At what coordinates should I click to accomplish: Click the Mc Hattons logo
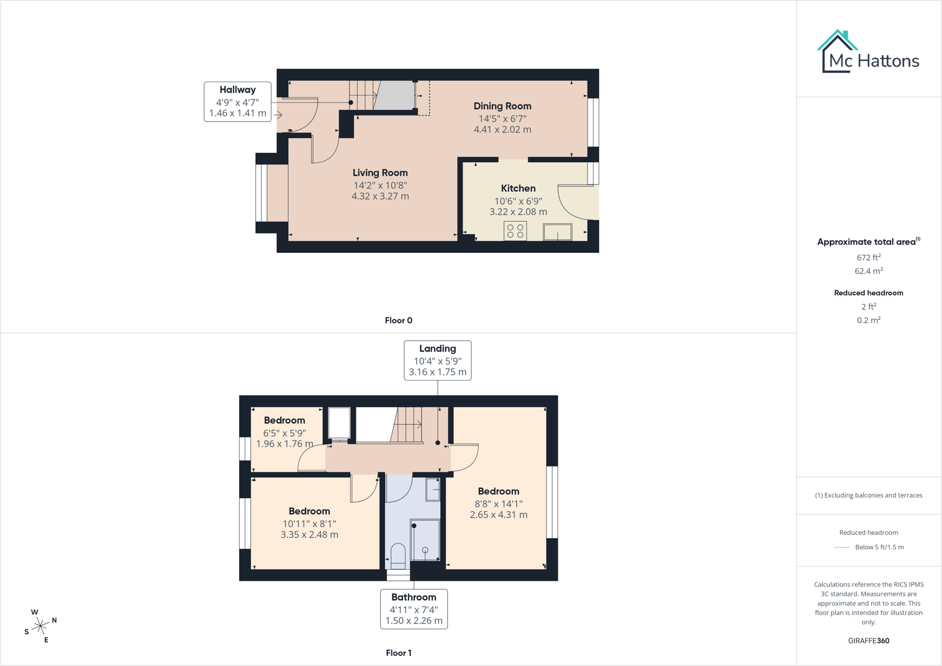click(x=868, y=52)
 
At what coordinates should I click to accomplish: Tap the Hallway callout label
click(x=238, y=102)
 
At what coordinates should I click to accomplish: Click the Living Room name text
click(x=380, y=173)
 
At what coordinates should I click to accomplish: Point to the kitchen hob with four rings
click(x=515, y=230)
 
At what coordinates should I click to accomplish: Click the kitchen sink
click(x=558, y=232)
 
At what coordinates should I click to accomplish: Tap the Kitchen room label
click(x=518, y=200)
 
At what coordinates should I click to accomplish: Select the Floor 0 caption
click(x=398, y=320)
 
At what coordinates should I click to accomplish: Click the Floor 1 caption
click(x=398, y=652)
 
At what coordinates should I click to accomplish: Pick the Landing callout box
click(x=437, y=360)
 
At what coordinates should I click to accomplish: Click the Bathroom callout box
click(x=414, y=609)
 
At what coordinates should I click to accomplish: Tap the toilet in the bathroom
click(x=398, y=556)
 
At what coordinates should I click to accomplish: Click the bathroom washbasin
click(x=433, y=490)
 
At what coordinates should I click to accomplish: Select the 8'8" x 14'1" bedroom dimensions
click(x=499, y=509)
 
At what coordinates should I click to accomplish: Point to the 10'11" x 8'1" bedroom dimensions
click(x=309, y=529)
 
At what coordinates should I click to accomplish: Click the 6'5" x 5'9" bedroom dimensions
click(x=284, y=438)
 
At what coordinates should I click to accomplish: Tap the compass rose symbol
click(x=40, y=626)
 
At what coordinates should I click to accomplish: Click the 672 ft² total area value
click(x=868, y=257)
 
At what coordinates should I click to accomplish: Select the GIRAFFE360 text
click(x=868, y=641)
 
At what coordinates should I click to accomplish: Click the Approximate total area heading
click(x=868, y=242)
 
